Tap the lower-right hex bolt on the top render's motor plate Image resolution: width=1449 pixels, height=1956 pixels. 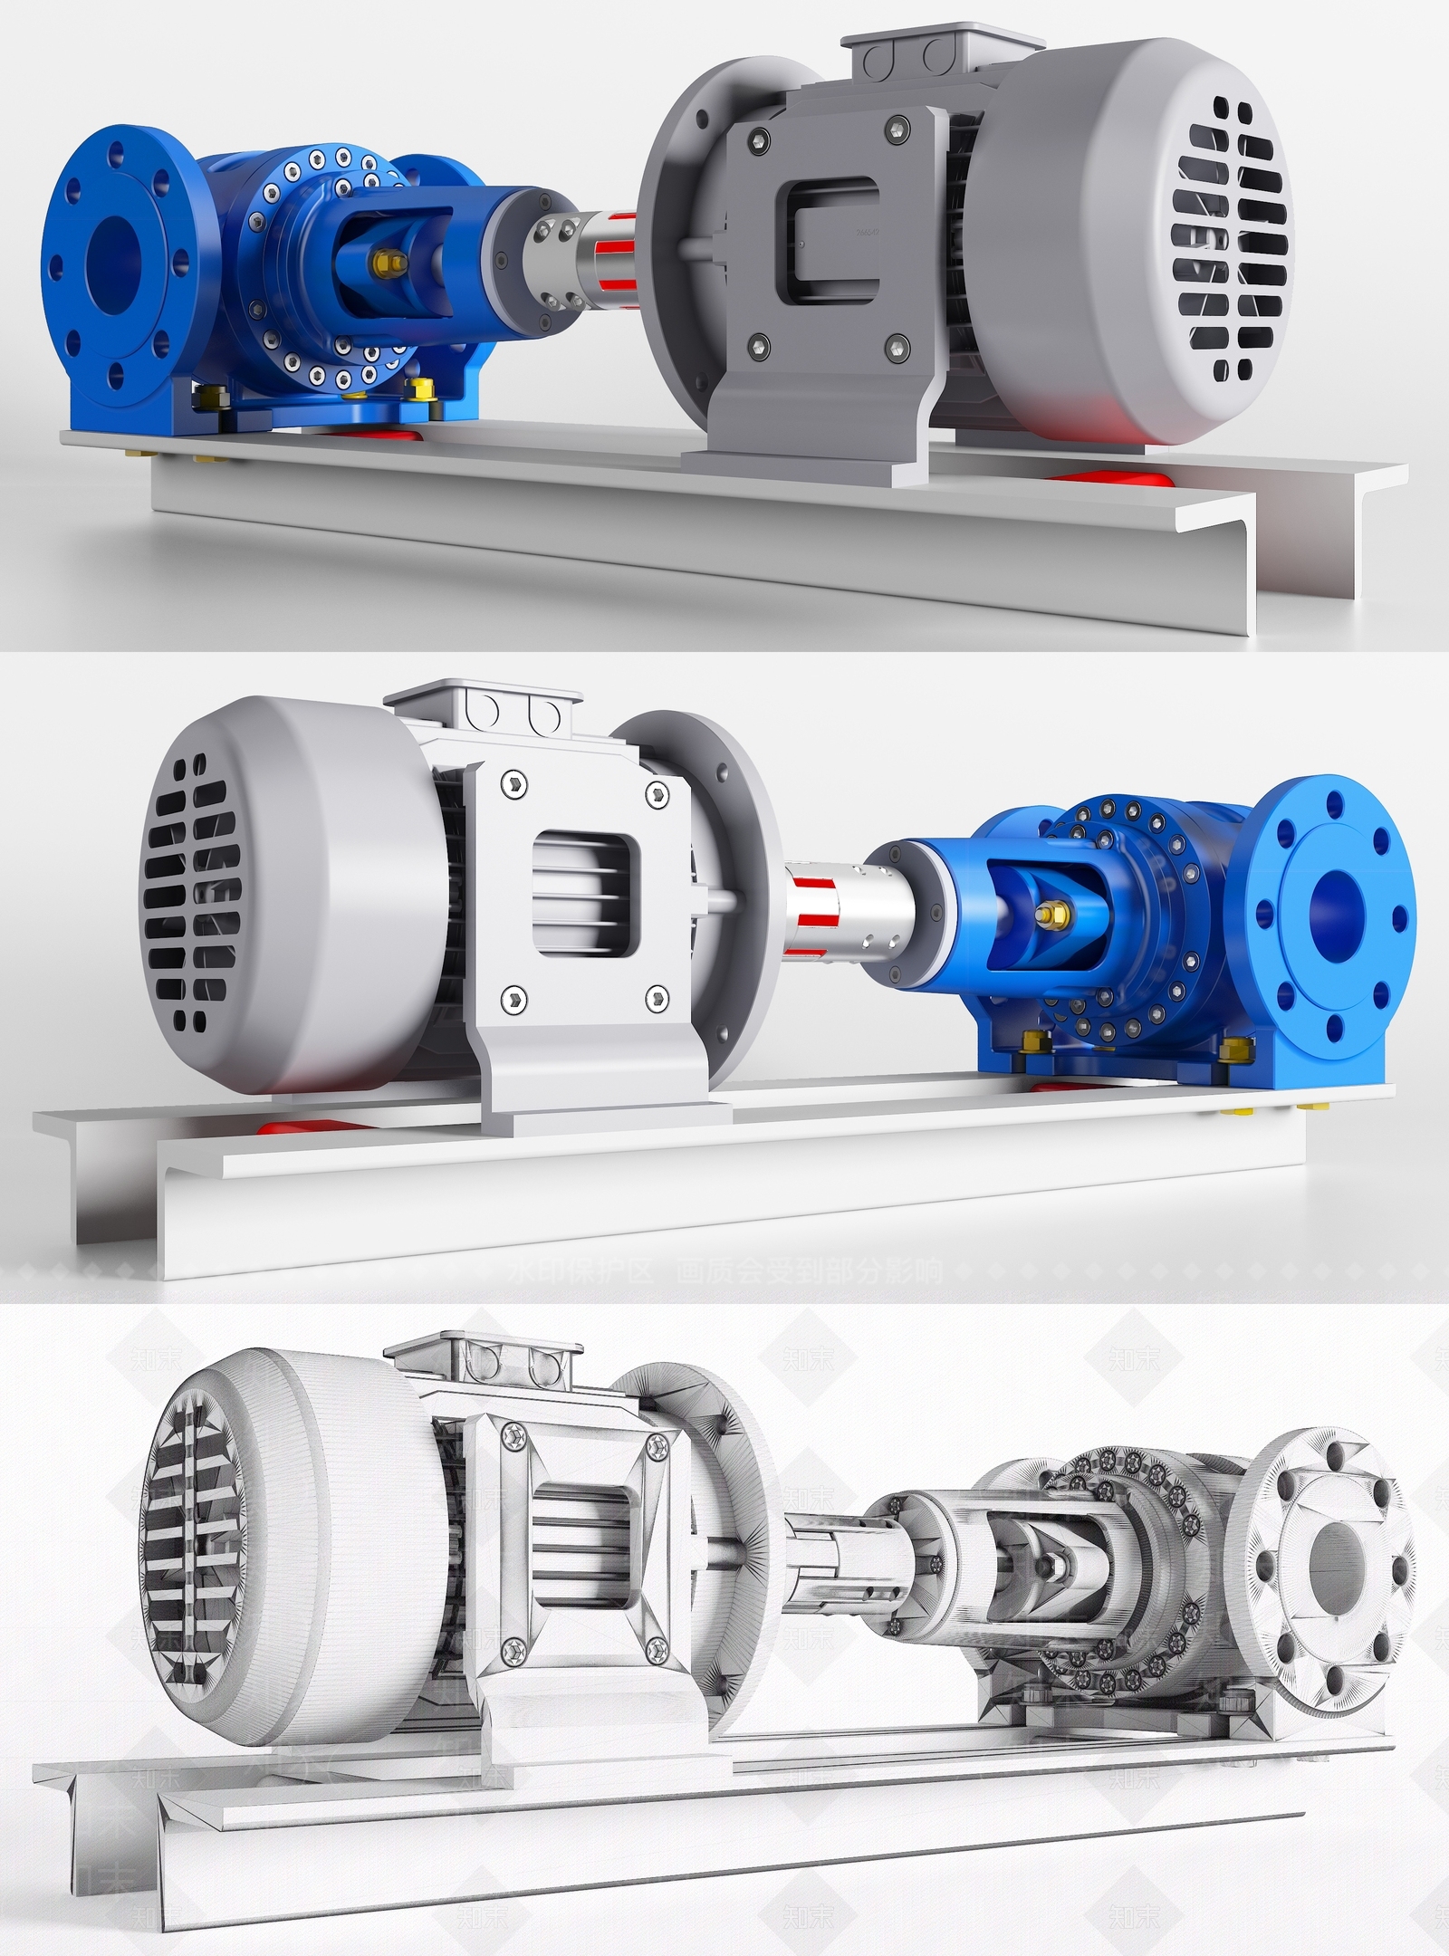coord(897,342)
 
